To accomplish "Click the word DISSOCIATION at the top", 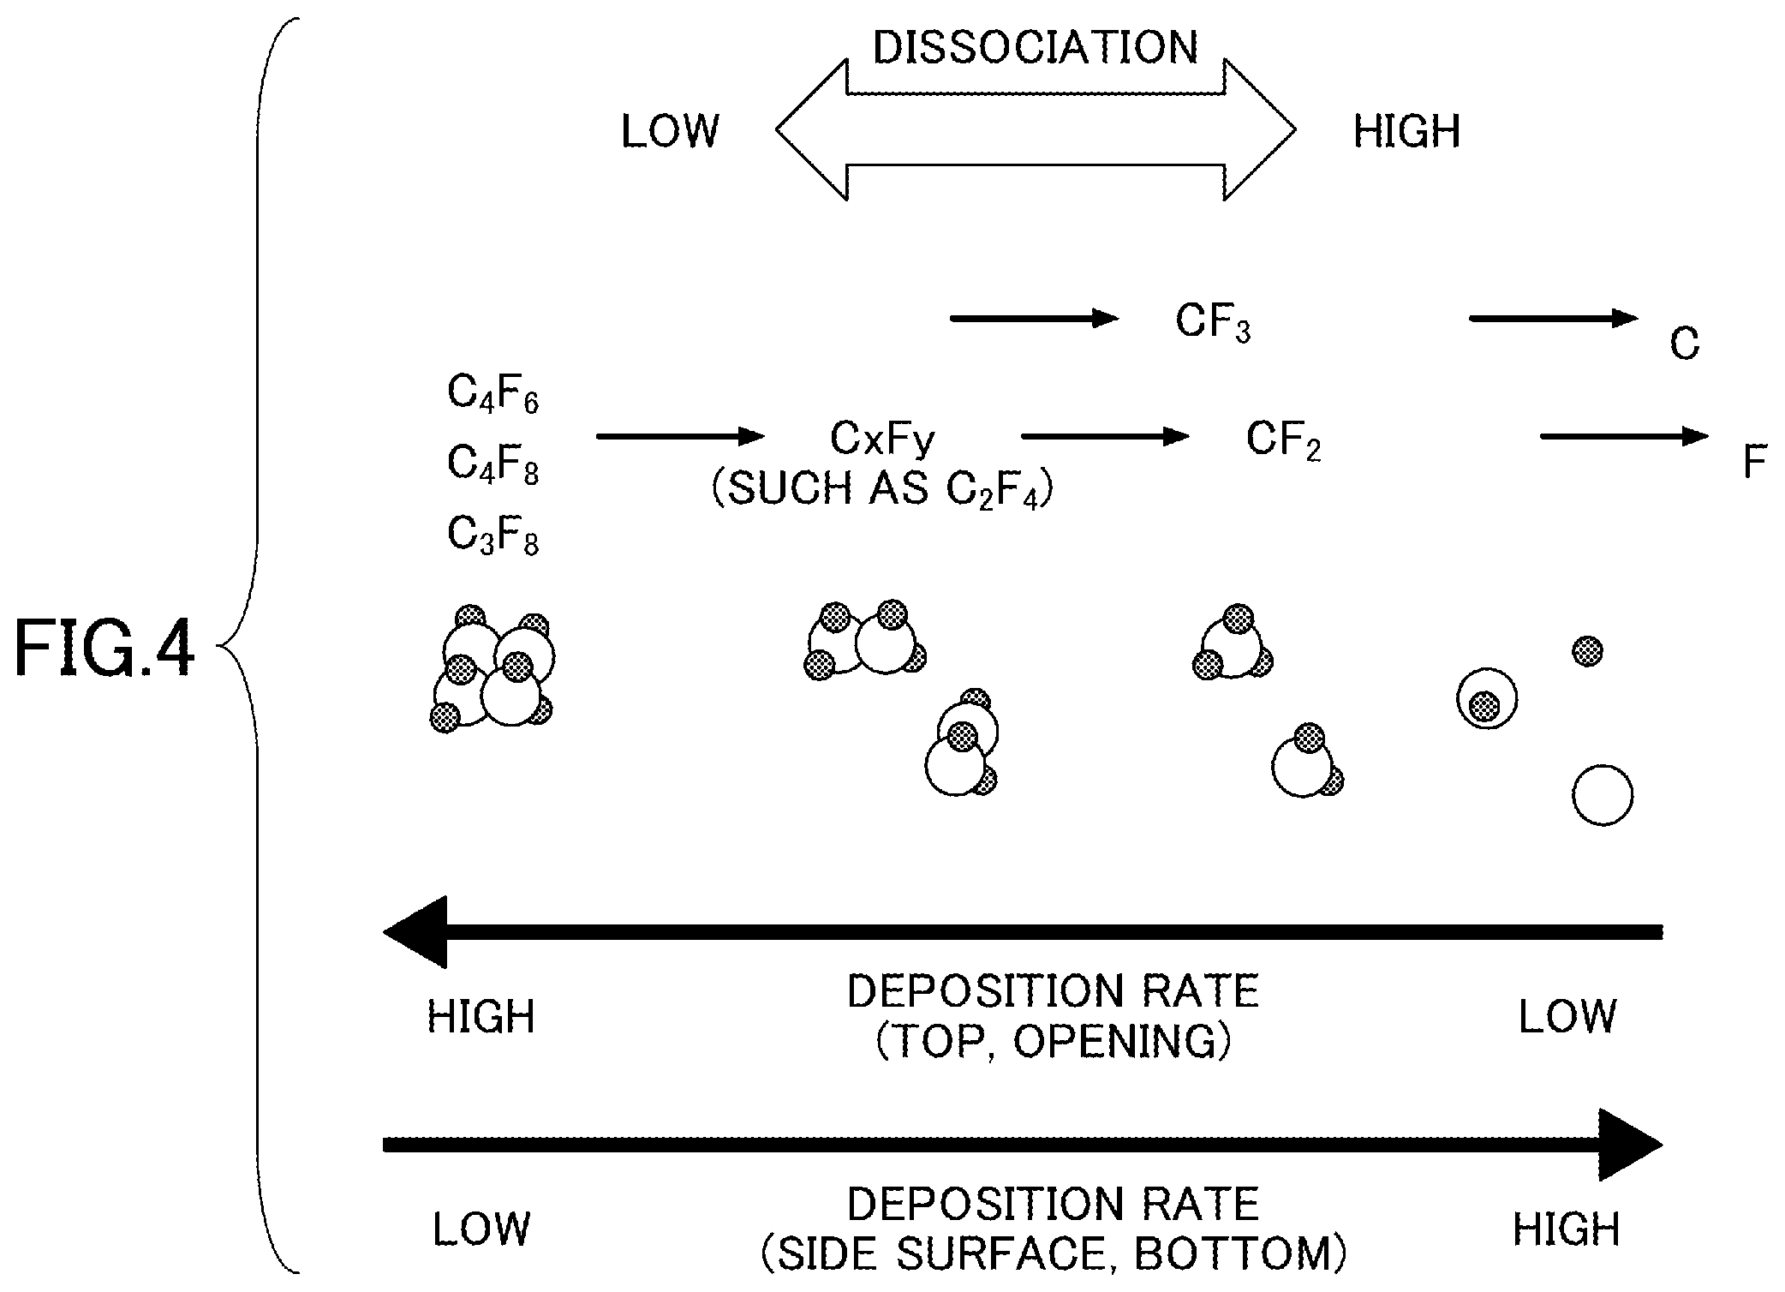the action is (x=1036, y=47).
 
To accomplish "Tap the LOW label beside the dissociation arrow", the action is (x=670, y=132).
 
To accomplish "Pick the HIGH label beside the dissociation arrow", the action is (x=1406, y=132).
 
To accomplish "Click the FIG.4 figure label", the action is (x=104, y=649).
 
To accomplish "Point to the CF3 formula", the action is (x=1213, y=324).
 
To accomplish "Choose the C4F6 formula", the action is (x=493, y=395).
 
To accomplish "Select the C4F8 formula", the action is (x=493, y=465).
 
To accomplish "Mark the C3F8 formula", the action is (x=493, y=536).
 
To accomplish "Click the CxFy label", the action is (x=882, y=440).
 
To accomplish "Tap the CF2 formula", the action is (x=1283, y=441).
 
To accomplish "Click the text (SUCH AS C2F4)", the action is (x=882, y=490).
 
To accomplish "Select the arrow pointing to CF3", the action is (x=1035, y=319).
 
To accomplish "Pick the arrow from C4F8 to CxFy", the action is (x=680, y=437).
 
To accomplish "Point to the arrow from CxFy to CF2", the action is (x=1106, y=437).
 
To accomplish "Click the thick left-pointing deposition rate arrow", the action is (x=1023, y=932).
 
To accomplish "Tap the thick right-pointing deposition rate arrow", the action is (x=1023, y=1145).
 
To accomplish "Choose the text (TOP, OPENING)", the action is (x=1054, y=1042).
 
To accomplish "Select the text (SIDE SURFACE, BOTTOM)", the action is (x=1054, y=1254).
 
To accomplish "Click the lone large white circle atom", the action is (x=1603, y=795).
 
